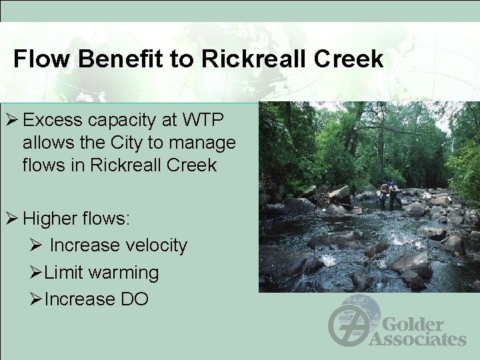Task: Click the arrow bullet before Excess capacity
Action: coord(11,121)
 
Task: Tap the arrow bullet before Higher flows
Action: coord(11,218)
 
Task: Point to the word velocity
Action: coord(154,245)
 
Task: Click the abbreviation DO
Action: coord(134,299)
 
